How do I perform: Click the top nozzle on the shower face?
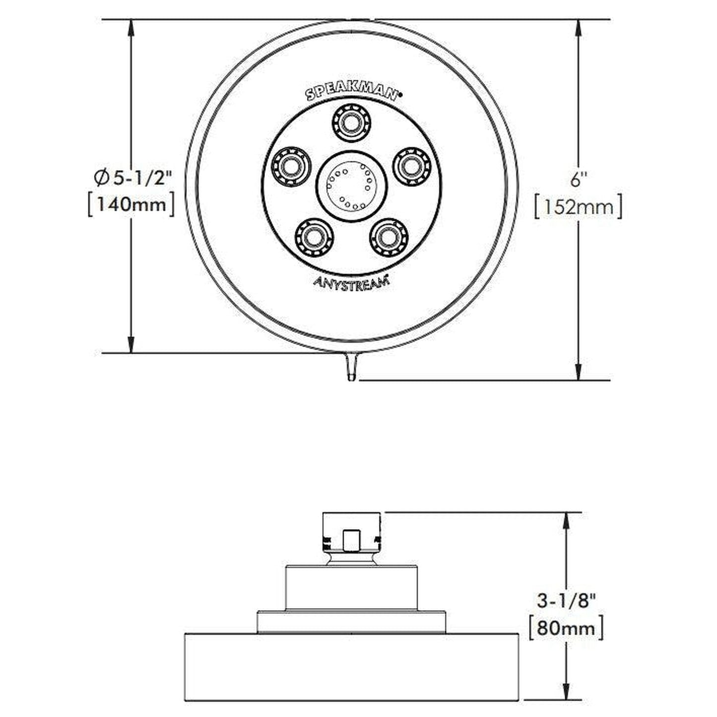(x=351, y=121)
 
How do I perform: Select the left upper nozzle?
(x=290, y=166)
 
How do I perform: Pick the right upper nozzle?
(x=412, y=166)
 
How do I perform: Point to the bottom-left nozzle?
(x=314, y=238)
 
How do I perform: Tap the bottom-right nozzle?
(x=389, y=238)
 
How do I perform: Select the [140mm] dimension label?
(x=130, y=204)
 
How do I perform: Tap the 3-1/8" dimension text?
(x=566, y=601)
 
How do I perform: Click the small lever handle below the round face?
(x=351, y=366)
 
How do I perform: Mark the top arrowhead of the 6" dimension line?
(x=579, y=27)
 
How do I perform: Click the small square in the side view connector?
(x=352, y=540)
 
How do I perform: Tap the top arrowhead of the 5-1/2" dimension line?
(x=131, y=27)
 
